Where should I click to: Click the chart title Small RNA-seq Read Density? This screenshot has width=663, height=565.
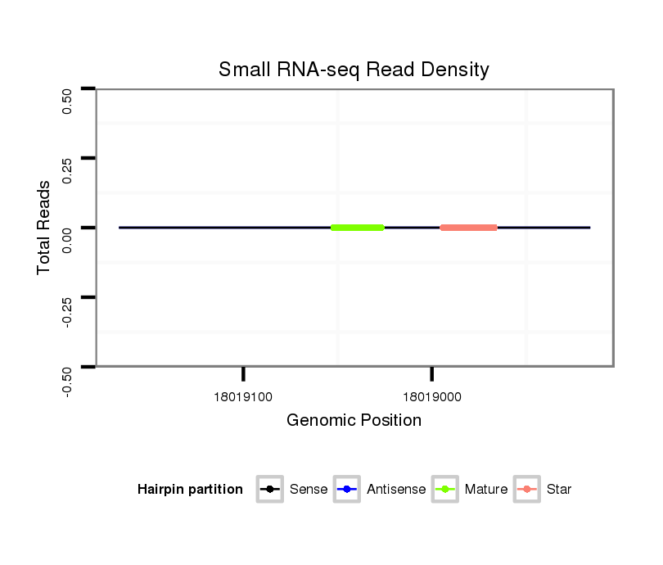point(354,70)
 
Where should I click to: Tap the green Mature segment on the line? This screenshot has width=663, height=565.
point(358,228)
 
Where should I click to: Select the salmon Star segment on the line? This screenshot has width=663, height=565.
point(468,228)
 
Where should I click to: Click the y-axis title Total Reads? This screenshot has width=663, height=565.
point(44,228)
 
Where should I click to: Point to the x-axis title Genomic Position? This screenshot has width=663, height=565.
point(354,421)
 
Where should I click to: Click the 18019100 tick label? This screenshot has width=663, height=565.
point(243,397)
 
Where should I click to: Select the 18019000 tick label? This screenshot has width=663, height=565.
point(432,397)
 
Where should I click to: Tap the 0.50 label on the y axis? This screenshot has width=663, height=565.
point(68,101)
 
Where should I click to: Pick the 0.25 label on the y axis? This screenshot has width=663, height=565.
point(68,170)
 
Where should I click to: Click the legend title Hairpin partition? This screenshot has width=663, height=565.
point(190,490)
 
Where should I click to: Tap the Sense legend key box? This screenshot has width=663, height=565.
point(270,490)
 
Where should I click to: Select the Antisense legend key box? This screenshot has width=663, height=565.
point(347,490)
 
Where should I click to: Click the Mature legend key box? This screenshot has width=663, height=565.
point(445,490)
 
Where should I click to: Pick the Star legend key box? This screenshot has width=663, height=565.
point(527,490)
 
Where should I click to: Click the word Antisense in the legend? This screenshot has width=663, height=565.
point(396,490)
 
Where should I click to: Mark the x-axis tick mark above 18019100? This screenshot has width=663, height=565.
point(243,374)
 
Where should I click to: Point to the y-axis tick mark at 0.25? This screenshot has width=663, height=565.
point(88,157)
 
